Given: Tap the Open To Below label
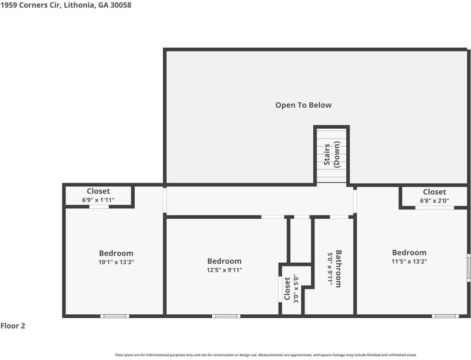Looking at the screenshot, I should click(x=303, y=105).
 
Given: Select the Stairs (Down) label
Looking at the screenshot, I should click(x=331, y=155).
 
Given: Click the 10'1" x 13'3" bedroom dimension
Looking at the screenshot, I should click(x=116, y=262).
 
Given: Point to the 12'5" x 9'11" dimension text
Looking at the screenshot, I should click(x=224, y=270).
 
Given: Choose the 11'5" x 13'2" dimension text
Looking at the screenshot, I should click(x=409, y=262).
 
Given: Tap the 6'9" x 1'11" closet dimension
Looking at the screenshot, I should click(x=98, y=200).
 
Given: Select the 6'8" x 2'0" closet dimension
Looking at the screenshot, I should click(x=434, y=201).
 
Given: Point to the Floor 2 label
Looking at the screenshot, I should click(x=13, y=326).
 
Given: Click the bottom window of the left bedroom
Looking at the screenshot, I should click(x=115, y=316).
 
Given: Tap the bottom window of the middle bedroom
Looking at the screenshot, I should click(x=226, y=316).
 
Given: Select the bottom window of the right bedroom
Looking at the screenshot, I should click(x=445, y=316).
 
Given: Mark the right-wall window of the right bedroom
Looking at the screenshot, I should click(x=468, y=267).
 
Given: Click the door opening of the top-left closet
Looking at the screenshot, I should click(x=99, y=207).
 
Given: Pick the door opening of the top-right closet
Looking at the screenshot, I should click(x=434, y=207).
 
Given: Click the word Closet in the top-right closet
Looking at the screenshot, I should click(x=434, y=192).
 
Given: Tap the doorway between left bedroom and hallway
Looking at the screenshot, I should click(x=164, y=201).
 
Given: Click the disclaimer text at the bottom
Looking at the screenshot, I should click(x=265, y=355).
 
